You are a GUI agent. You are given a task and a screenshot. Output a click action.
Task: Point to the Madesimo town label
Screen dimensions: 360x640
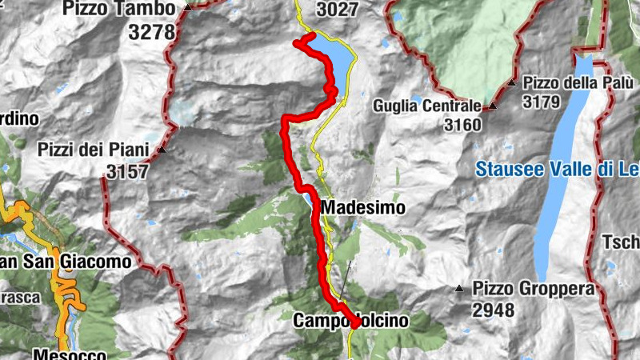tap(363, 208)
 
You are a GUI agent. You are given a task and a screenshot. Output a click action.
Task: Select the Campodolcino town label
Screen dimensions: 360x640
tap(351, 321)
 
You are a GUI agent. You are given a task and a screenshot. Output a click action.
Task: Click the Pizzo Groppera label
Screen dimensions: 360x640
tap(534, 288)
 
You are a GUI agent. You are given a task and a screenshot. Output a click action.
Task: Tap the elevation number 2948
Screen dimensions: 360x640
tap(494, 310)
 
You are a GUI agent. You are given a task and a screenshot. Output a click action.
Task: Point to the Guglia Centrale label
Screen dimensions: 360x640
tap(427, 106)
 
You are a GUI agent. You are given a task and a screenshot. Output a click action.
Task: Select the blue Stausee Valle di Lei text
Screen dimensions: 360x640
tap(557, 170)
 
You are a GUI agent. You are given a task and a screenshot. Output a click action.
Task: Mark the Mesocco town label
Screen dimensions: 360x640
tap(70, 354)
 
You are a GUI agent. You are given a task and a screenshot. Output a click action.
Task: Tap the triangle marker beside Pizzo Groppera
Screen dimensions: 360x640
tap(459, 288)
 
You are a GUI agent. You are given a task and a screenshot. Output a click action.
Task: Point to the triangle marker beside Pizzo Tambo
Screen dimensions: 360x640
tap(188, 7)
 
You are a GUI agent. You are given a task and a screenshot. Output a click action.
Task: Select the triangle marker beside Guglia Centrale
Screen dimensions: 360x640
tap(493, 106)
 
